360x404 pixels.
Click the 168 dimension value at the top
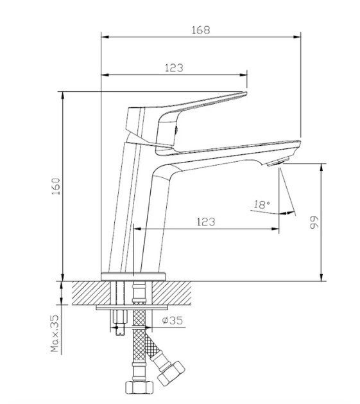[x=201, y=30]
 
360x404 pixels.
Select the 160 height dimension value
[x=56, y=186]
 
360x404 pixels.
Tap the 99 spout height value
[x=314, y=223]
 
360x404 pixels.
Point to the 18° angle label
[x=262, y=205]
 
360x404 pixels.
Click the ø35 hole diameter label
[x=172, y=321]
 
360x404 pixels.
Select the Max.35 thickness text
[x=55, y=333]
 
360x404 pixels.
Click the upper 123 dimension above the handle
[x=174, y=68]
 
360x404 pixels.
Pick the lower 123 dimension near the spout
[x=206, y=222]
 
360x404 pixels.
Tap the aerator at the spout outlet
[x=278, y=162]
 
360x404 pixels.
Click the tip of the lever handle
[x=246, y=92]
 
